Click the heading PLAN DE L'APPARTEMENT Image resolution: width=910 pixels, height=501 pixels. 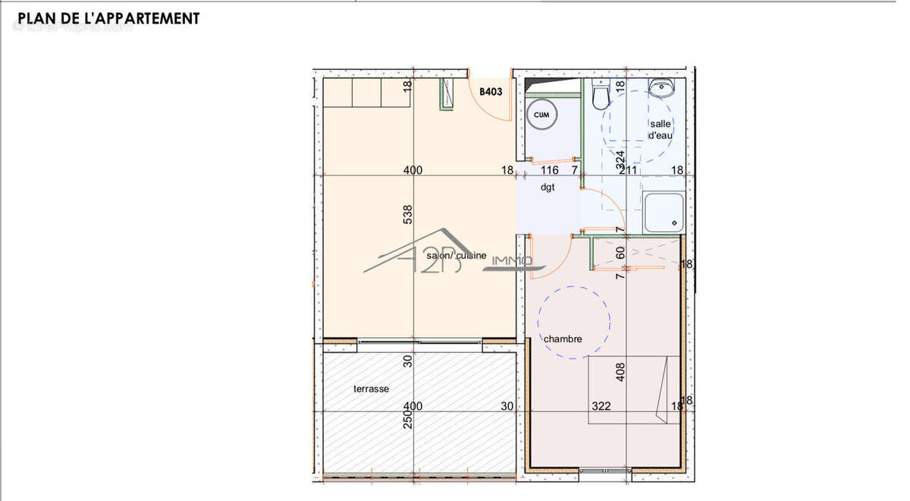pos(108,18)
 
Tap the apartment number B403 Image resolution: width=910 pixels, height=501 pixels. pos(491,92)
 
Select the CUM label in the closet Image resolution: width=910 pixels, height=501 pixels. pos(541,115)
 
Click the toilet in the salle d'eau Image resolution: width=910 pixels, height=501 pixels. pos(601,96)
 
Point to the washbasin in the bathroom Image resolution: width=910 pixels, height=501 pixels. pos(661,89)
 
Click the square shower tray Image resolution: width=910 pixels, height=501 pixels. pos(664,213)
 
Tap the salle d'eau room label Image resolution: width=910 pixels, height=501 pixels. pos(660,129)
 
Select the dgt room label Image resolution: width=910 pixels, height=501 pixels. pos(548,187)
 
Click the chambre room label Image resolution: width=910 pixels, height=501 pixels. pos(563,339)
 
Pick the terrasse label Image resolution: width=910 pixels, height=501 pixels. pos(371,389)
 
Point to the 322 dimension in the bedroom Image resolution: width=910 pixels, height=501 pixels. pos(601,406)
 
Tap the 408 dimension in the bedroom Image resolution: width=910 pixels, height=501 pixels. pos(620,371)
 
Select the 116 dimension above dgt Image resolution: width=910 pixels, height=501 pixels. pos(551,170)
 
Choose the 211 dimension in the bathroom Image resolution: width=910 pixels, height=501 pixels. pos(628,170)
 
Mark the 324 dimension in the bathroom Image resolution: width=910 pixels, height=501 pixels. pos(620,159)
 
